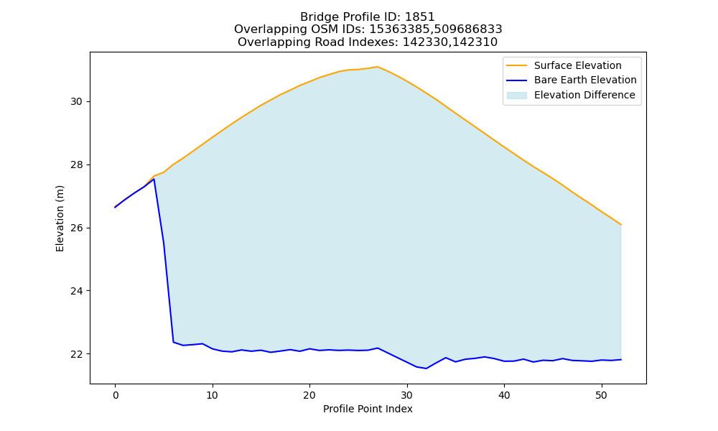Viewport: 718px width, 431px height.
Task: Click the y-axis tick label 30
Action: pyautogui.click(x=77, y=102)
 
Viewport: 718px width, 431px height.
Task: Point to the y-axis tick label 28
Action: pyautogui.click(x=77, y=165)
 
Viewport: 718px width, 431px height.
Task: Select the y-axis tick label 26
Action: pyautogui.click(x=77, y=228)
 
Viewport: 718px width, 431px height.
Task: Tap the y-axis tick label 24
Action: pyautogui.click(x=77, y=292)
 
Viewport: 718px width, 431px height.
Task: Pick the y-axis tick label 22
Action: pyautogui.click(x=77, y=355)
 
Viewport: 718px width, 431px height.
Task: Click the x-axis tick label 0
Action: pyautogui.click(x=116, y=395)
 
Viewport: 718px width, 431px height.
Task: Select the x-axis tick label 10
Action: pyautogui.click(x=212, y=395)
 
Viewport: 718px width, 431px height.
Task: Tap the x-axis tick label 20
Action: pyautogui.click(x=309, y=395)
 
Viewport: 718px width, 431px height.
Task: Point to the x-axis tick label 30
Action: pyautogui.click(x=406, y=395)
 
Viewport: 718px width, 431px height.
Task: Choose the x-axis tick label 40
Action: pyautogui.click(x=504, y=395)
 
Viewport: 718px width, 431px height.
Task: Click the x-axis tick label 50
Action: pyautogui.click(x=601, y=395)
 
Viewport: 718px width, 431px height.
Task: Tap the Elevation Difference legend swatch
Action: pyautogui.click(x=516, y=96)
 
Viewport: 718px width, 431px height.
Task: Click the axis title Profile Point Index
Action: pyautogui.click(x=368, y=409)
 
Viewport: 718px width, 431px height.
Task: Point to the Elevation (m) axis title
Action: pyautogui.click(x=60, y=218)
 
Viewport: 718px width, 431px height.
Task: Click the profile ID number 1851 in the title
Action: pyautogui.click(x=419, y=17)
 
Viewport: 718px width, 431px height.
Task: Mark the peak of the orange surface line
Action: pyautogui.click(x=378, y=67)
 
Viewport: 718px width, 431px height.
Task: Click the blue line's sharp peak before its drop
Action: pyautogui.click(x=154, y=179)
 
